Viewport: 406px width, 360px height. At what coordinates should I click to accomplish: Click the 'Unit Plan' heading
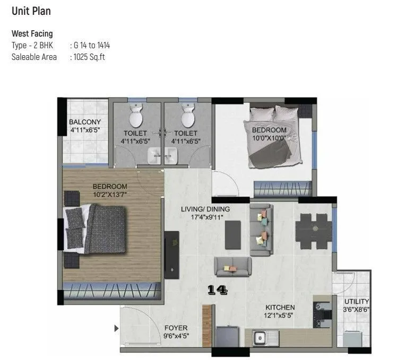click(31, 11)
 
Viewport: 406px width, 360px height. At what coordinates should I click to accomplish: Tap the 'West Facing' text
click(32, 34)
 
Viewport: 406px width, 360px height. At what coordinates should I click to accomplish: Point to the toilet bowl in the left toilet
click(136, 115)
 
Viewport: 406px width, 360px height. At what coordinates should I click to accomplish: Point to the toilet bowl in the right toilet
click(187, 115)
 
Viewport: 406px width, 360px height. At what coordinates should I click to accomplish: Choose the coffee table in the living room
click(232, 234)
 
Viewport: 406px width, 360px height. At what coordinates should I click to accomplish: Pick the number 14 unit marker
click(218, 290)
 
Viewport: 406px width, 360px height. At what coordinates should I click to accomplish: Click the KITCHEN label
click(280, 308)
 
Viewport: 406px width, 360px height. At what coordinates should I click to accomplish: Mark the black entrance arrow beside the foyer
click(117, 329)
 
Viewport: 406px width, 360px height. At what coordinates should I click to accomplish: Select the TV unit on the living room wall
click(171, 254)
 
